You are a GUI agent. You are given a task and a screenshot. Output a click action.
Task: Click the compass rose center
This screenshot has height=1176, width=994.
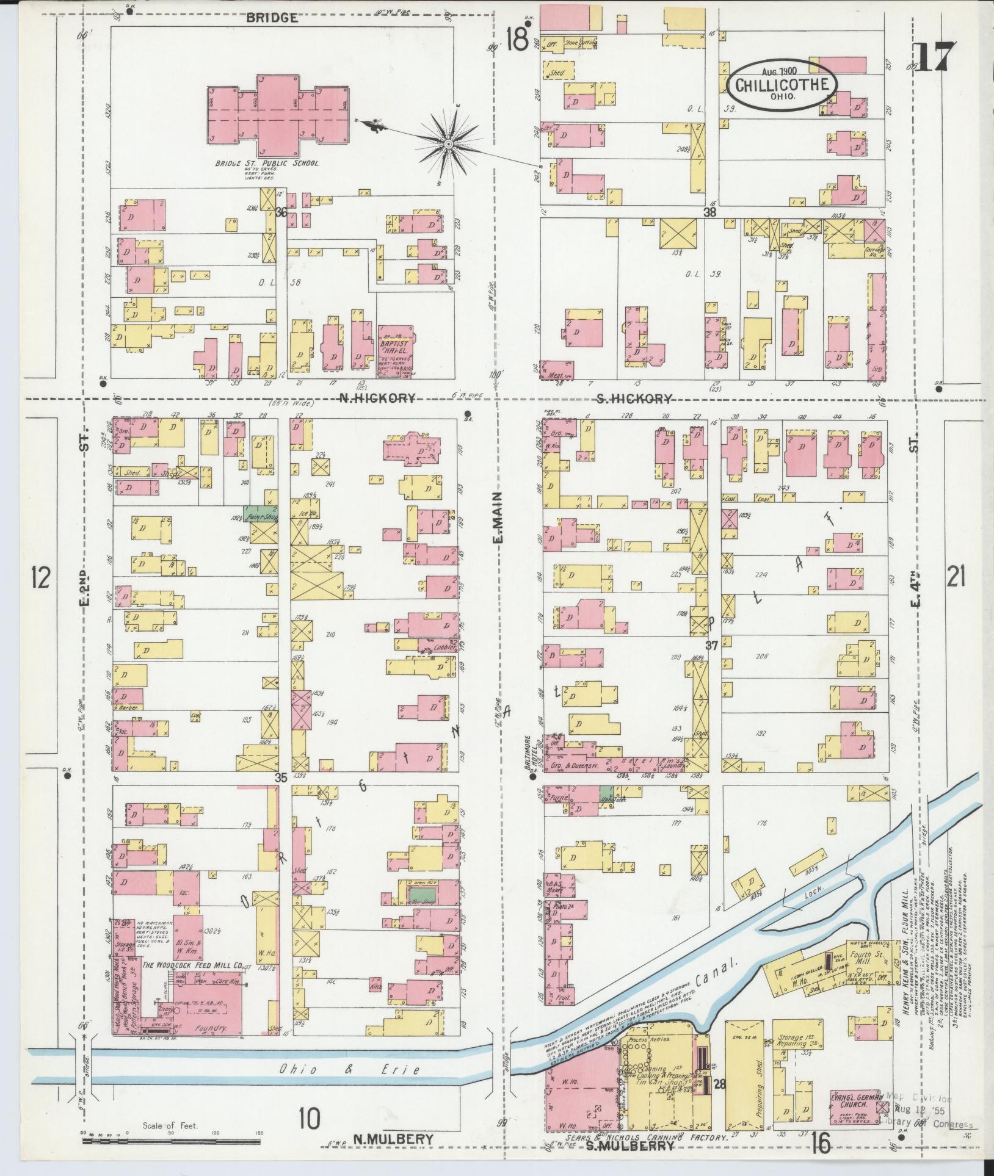pyautogui.click(x=448, y=144)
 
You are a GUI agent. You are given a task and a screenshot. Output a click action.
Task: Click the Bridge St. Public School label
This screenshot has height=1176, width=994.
pyautogui.click(x=267, y=164)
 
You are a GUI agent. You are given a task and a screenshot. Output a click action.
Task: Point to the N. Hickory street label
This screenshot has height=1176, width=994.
pyautogui.click(x=377, y=398)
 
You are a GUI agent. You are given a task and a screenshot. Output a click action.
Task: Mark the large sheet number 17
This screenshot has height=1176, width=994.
pyautogui.click(x=934, y=59)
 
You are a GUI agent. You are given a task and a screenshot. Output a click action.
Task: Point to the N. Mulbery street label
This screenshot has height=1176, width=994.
pyautogui.click(x=393, y=1139)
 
